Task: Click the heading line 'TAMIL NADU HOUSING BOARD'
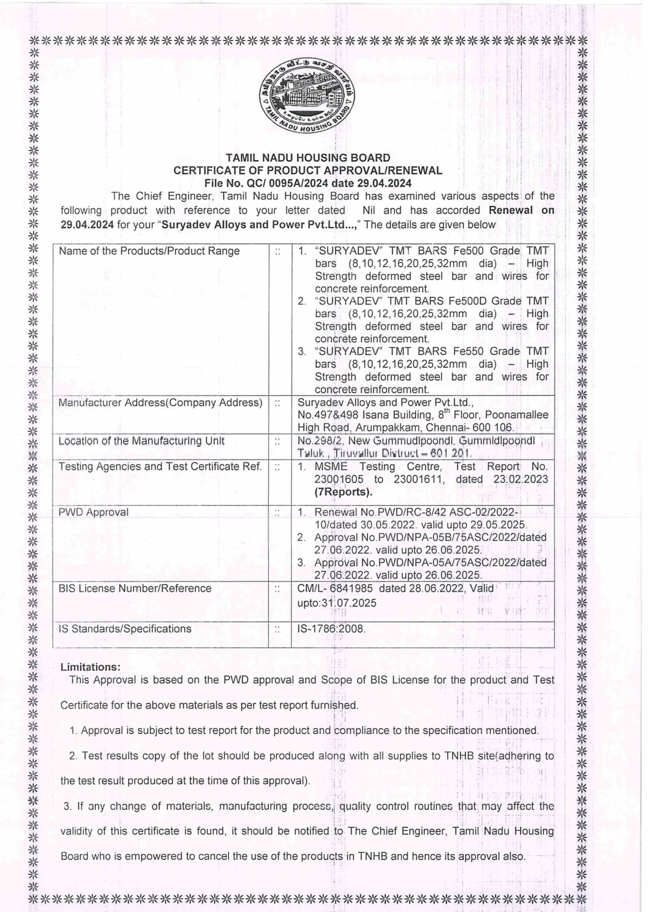pyautogui.click(x=308, y=158)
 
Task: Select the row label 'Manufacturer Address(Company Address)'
pyautogui.click(x=160, y=403)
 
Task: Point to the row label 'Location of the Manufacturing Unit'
pyautogui.click(x=142, y=441)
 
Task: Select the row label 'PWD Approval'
pyautogui.click(x=93, y=512)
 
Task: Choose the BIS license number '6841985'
pyautogui.click(x=353, y=589)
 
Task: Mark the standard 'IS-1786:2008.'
pyautogui.click(x=331, y=629)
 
